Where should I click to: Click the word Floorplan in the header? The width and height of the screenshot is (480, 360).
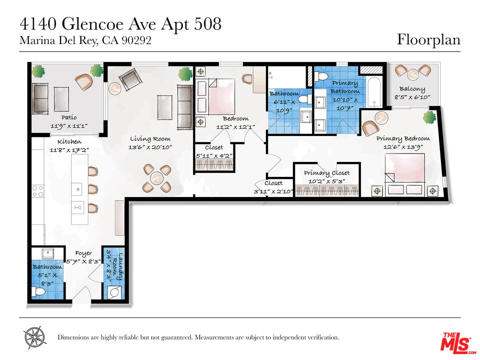point(428,40)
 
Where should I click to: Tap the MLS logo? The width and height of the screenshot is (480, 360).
point(458,342)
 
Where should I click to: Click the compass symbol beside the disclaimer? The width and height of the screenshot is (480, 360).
point(34,337)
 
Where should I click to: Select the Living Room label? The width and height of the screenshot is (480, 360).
point(150,138)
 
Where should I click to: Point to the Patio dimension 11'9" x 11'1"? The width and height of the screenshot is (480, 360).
point(69,126)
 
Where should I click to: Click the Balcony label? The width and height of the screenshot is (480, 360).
point(412,89)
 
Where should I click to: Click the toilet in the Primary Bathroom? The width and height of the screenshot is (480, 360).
point(321,75)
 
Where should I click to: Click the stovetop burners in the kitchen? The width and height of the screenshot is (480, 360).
point(37,190)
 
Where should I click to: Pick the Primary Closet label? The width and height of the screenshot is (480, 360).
point(326,173)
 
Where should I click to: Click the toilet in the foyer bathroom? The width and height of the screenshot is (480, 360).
point(39,291)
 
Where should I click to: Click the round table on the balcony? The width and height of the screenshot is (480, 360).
point(413,74)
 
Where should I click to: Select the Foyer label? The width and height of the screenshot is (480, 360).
point(83,254)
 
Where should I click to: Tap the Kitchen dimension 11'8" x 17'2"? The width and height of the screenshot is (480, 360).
point(69,150)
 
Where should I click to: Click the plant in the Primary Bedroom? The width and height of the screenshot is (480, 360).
point(430,117)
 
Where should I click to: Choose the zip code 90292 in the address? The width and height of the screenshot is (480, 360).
point(136,40)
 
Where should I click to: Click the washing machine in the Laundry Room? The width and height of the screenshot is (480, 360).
point(114,292)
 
